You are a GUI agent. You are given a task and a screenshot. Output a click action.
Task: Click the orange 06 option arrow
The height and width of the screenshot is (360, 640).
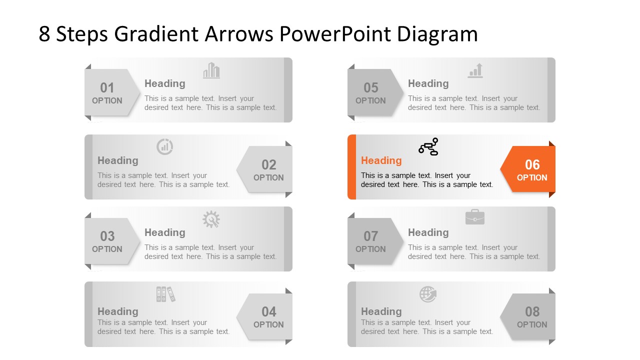pyautogui.click(x=529, y=169)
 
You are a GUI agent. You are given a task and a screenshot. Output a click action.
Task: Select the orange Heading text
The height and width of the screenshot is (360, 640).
pyautogui.click(x=381, y=160)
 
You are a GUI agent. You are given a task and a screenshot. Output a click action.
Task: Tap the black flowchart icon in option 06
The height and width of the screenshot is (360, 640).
pyautogui.click(x=428, y=146)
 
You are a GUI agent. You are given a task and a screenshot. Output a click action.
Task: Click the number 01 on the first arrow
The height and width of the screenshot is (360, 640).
pyautogui.click(x=107, y=88)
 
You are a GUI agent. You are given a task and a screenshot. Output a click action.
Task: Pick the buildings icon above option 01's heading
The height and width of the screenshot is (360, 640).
pyautogui.click(x=211, y=70)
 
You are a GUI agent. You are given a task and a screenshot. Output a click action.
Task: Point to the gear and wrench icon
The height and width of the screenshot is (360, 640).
pyautogui.click(x=211, y=219)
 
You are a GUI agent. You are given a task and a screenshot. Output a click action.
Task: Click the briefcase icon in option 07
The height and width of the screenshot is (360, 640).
pyautogui.click(x=474, y=217)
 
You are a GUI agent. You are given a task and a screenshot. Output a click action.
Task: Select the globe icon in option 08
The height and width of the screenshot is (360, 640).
pyautogui.click(x=428, y=294)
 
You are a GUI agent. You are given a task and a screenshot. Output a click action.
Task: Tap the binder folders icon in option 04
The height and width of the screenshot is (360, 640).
pyautogui.click(x=165, y=294)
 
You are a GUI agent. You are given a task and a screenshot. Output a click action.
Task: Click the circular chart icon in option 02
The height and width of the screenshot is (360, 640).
pyautogui.click(x=164, y=146)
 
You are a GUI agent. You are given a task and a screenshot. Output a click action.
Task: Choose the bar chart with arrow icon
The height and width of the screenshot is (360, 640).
pyautogui.click(x=475, y=70)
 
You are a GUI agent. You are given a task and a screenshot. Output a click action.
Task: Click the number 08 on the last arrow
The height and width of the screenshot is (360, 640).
pyautogui.click(x=532, y=312)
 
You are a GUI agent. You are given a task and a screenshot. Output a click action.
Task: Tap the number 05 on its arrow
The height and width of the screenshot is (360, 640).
pyautogui.click(x=370, y=88)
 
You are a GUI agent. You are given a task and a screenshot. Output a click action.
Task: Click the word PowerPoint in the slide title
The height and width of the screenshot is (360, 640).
pyautogui.click(x=335, y=34)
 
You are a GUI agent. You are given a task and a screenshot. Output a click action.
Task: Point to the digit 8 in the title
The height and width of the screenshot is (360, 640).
pyautogui.click(x=44, y=34)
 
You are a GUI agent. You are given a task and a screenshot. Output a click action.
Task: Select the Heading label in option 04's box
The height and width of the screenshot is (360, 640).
pyautogui.click(x=117, y=311)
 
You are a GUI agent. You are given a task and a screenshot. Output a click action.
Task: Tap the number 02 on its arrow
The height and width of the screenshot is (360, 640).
pyautogui.click(x=268, y=165)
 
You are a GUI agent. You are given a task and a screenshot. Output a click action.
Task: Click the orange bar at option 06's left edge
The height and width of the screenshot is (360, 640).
pyautogui.click(x=351, y=167)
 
